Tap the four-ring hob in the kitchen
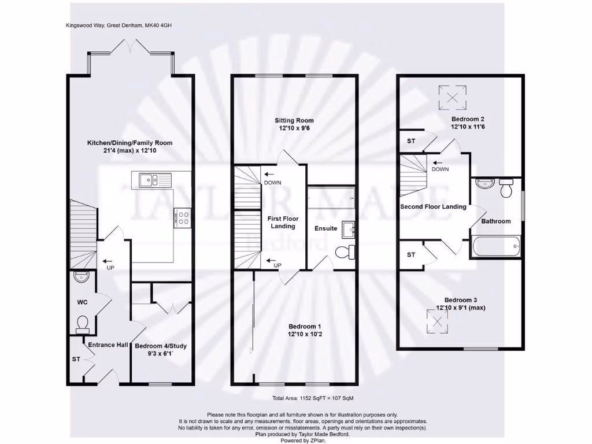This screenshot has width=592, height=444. tap(183, 216)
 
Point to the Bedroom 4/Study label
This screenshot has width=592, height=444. tap(161, 346)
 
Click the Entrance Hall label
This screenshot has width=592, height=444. tap(108, 345)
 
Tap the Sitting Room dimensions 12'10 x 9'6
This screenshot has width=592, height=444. tap(294, 129)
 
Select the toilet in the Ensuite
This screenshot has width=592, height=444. tap(345, 251)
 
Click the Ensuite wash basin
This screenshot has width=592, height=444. tap(348, 229)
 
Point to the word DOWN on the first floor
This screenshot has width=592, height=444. tap(272, 183)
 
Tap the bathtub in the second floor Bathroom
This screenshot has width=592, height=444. tap(496, 247)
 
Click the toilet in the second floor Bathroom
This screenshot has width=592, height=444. tap(507, 188)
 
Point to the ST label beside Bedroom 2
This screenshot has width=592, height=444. tap(411, 141)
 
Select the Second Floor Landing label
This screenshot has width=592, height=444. tap(433, 206)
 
